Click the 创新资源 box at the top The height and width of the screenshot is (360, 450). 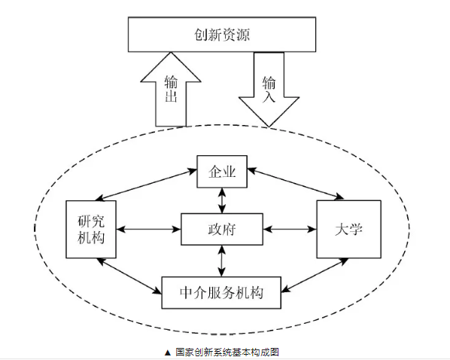222,35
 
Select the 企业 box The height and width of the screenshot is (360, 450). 222,172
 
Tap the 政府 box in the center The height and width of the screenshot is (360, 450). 222,229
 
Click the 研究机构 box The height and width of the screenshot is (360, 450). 91,229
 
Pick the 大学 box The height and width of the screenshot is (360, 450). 348,229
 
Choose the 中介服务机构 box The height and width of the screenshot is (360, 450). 221,293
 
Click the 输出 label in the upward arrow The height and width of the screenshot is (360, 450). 171,89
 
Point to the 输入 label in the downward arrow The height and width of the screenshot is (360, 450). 269,89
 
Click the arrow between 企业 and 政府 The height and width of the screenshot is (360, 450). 221,200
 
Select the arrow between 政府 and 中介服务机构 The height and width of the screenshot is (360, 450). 221,261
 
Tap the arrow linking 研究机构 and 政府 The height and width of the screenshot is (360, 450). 148,229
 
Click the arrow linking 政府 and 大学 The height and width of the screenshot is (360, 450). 290,229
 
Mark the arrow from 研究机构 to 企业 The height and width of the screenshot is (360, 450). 146,185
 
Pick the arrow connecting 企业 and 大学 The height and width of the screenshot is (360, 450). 295,183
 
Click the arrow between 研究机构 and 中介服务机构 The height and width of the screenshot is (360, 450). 129,276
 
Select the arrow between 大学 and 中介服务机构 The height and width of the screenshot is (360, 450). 315,275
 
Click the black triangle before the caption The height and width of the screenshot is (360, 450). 168,352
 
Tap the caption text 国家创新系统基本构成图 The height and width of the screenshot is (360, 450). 227,352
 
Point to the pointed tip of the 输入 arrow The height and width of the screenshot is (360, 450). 269,127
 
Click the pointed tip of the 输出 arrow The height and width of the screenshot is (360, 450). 171,52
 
